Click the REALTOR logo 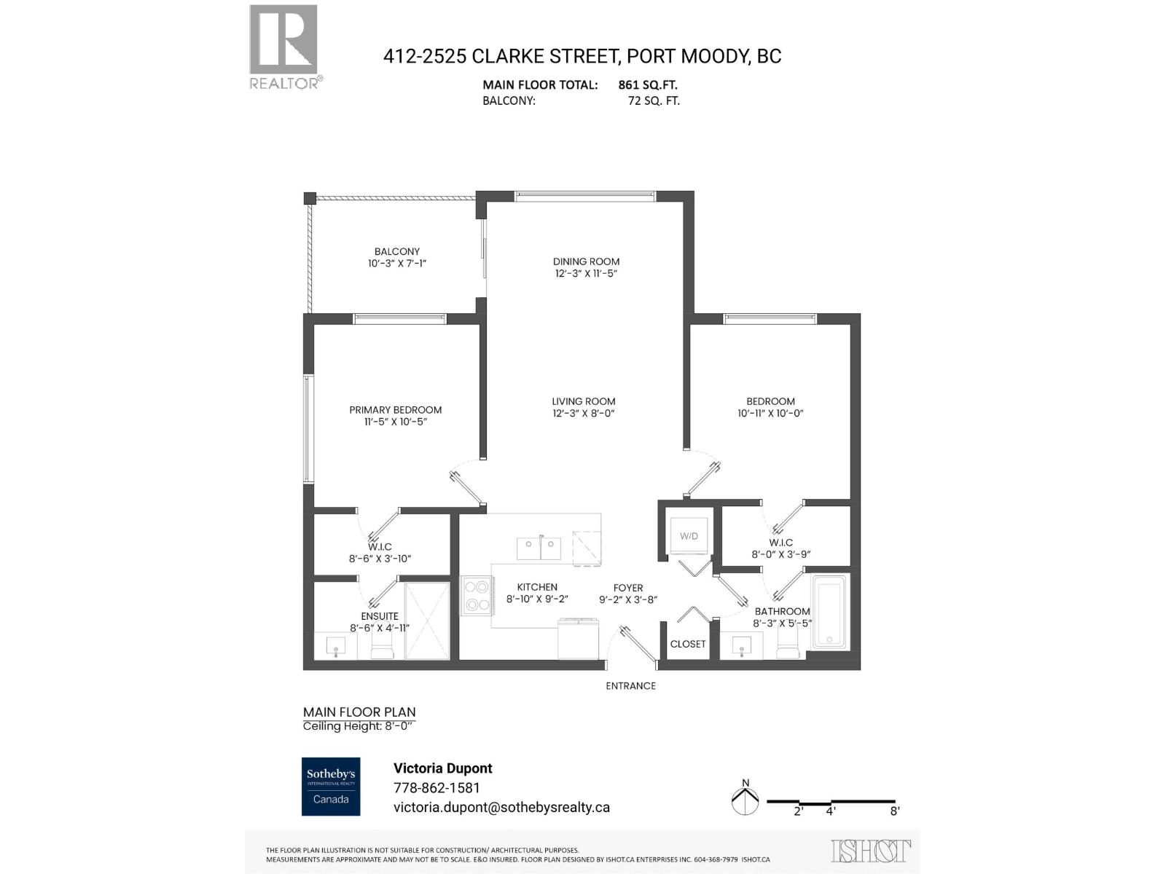click(x=285, y=47)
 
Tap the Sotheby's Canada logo click(x=331, y=787)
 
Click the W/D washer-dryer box click(x=689, y=537)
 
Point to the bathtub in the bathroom click(x=830, y=612)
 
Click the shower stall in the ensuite click(x=427, y=620)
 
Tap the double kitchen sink click(x=539, y=548)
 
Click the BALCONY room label click(x=397, y=251)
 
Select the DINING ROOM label click(x=586, y=261)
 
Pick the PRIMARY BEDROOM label click(x=395, y=410)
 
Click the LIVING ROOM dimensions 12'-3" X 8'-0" click(x=584, y=414)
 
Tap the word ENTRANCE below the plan click(x=630, y=686)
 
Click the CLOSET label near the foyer click(x=688, y=644)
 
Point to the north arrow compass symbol click(x=745, y=800)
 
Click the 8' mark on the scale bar click(x=894, y=811)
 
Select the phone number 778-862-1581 click(x=437, y=788)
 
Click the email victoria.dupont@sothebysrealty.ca click(x=501, y=807)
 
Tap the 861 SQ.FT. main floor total click(x=648, y=84)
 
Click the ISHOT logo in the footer click(x=870, y=851)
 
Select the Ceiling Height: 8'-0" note click(x=359, y=726)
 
